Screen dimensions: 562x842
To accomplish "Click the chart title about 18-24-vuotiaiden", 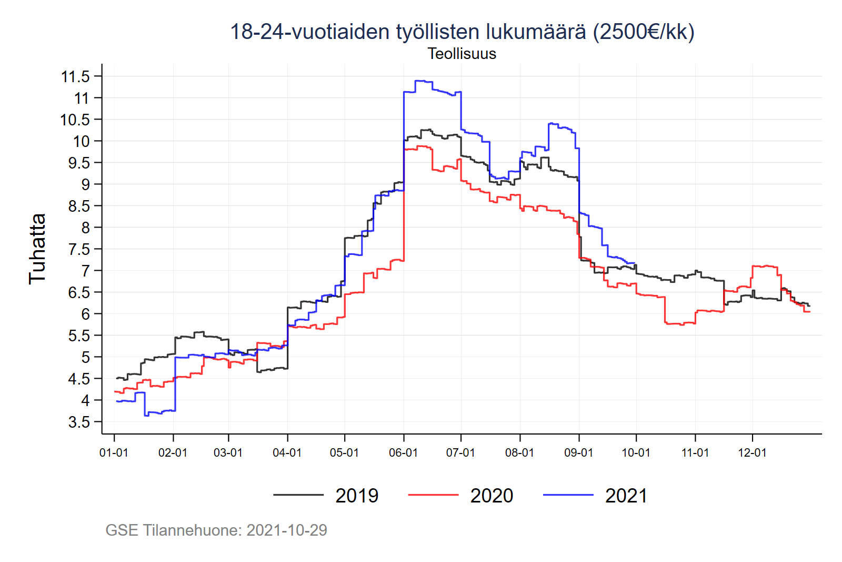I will point(462,32).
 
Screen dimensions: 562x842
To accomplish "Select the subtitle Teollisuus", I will point(462,54).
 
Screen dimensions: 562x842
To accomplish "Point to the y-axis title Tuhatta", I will point(37,249).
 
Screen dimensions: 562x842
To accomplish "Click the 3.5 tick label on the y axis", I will point(79,422).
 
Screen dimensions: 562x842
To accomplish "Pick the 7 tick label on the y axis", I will point(85,271).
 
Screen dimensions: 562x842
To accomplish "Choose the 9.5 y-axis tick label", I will point(79,163).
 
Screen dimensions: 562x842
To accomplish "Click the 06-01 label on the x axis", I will point(403,453).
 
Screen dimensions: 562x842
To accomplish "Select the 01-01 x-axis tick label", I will point(114,453).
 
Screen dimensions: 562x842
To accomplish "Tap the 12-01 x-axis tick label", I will point(752,453).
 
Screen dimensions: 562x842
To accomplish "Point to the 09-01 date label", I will point(578,453).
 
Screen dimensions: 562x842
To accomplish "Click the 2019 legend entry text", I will point(357,496).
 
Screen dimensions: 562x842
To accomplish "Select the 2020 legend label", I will point(492,496).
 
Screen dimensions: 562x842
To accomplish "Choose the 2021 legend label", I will point(626,496).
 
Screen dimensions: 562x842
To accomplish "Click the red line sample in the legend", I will point(433,495).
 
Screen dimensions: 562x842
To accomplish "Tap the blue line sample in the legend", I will point(568,495).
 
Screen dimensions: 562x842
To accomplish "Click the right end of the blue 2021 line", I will point(635,263).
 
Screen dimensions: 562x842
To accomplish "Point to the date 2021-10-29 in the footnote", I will point(287,530).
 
